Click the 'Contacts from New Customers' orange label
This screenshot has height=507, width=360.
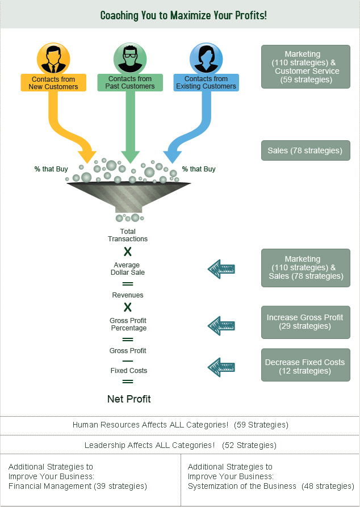click(x=53, y=83)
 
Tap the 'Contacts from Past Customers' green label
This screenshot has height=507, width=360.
click(x=130, y=83)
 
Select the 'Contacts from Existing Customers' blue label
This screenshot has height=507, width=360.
click(x=206, y=83)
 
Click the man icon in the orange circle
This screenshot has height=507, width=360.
click(x=53, y=58)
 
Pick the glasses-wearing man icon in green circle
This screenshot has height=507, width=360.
click(x=130, y=58)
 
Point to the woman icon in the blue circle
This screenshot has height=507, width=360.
click(x=206, y=58)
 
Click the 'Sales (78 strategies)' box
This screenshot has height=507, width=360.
click(x=305, y=151)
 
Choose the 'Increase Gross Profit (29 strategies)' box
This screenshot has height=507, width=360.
click(x=305, y=322)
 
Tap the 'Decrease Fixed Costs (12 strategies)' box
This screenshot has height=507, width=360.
click(x=305, y=367)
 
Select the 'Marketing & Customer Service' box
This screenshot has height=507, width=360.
click(x=305, y=67)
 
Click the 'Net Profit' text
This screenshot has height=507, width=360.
click(x=129, y=399)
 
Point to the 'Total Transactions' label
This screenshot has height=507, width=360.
click(x=128, y=235)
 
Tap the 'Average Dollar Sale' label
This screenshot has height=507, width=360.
click(x=128, y=269)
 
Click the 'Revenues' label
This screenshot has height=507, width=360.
click(x=128, y=295)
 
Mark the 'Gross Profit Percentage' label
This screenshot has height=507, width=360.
click(x=128, y=324)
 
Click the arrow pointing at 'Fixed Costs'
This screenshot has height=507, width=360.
click(x=222, y=367)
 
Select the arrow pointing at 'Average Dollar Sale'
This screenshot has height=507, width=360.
click(x=222, y=269)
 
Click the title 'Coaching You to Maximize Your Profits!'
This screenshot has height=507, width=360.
click(x=183, y=15)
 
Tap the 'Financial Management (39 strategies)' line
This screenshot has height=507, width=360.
click(x=78, y=486)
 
